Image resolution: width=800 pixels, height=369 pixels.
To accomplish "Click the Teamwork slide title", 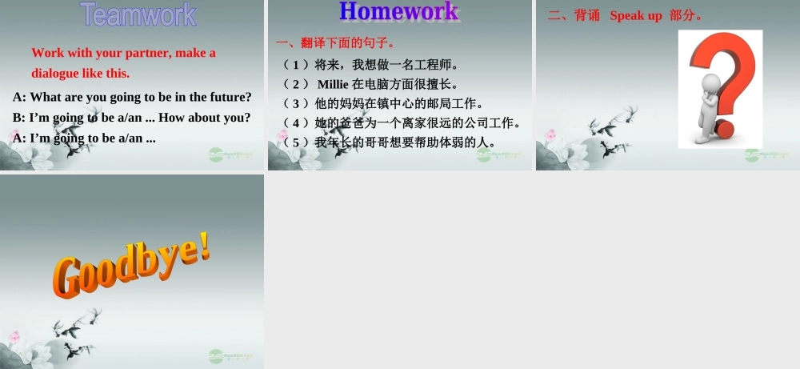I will click(x=138, y=14).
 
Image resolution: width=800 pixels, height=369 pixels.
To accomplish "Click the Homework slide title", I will click(x=398, y=11).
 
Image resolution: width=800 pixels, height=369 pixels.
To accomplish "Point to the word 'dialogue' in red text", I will click(x=55, y=73).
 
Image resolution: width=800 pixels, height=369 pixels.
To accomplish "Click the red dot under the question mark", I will click(x=725, y=128).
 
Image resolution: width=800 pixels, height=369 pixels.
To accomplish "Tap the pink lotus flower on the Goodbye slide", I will click(x=14, y=337).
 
